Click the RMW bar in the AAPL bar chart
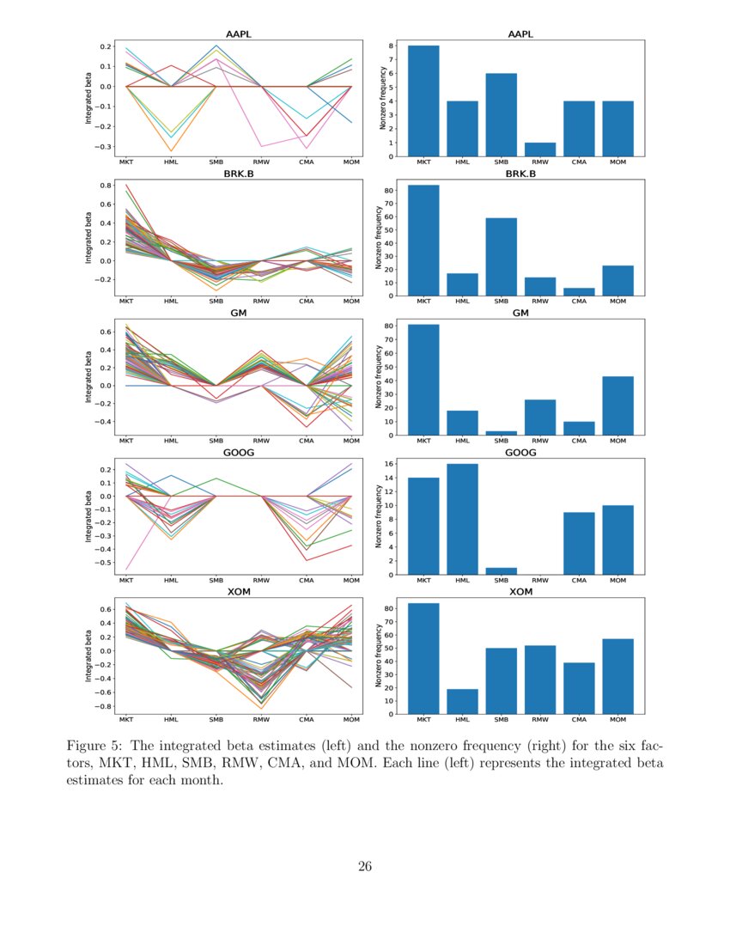coord(540,149)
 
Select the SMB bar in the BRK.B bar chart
coord(502,257)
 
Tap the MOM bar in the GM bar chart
coord(618,405)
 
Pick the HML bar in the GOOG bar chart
coord(462,519)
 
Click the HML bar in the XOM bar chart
coord(462,701)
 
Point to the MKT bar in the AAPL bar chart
coord(423,101)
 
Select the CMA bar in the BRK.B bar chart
coord(579,291)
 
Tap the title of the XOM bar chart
coord(520,592)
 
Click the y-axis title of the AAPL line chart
coord(88,101)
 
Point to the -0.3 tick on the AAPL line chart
coord(104,147)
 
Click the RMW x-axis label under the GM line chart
coord(261,441)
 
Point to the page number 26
coord(365,866)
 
